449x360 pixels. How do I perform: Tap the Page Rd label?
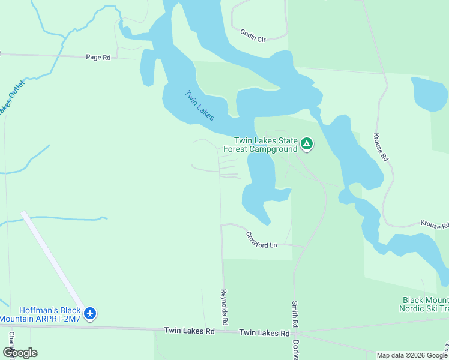coord(98,58)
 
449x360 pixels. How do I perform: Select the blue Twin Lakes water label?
coord(199,105)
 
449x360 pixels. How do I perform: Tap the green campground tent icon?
coord(307,143)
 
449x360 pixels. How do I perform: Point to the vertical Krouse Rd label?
coord(381,147)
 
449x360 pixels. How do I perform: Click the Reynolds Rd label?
coord(224,307)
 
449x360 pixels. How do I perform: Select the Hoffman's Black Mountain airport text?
coord(41,314)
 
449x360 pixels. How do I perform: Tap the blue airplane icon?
coord(91,313)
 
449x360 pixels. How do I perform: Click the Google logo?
coord(20,353)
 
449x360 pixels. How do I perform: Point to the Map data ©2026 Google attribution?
coord(411,355)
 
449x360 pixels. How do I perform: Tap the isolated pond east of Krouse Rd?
coord(429,94)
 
